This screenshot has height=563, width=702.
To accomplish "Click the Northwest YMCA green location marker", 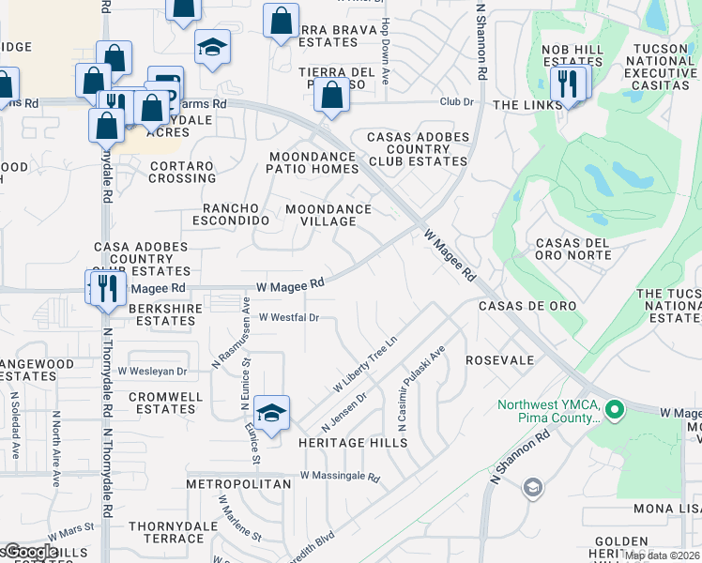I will (615, 410).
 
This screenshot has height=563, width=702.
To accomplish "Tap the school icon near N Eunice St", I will (271, 413).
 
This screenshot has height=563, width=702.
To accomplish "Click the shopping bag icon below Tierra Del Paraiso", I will (331, 96).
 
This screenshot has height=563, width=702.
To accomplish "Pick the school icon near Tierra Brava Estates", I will (213, 47).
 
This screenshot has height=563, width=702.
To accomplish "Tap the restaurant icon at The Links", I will (567, 84).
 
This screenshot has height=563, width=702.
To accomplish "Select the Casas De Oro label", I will (526, 306).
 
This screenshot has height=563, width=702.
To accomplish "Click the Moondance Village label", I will (321, 215).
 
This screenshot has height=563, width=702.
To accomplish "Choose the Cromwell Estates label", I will (166, 403).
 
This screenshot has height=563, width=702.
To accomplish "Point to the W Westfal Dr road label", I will (289, 317).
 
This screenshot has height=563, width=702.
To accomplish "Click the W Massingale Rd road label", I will (340, 477).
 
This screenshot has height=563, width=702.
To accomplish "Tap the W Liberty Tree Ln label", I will (366, 365).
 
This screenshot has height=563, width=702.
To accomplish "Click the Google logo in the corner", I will (32, 553).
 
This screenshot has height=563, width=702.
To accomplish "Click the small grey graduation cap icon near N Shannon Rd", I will (533, 487).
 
